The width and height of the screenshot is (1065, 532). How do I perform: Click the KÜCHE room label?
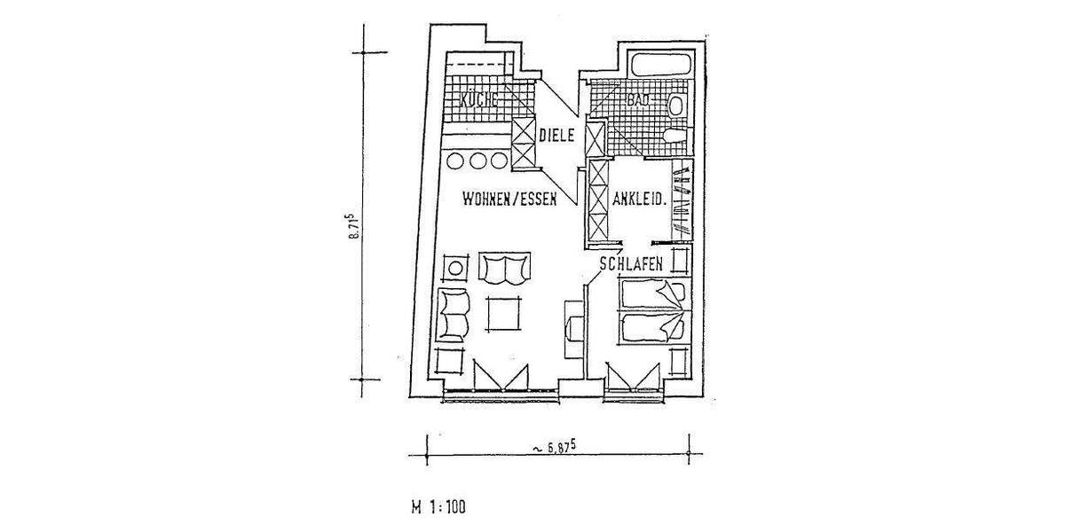pos(479,99)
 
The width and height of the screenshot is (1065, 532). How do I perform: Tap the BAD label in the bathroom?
pos(638,101)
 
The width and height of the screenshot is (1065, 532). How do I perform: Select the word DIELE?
pos(558,136)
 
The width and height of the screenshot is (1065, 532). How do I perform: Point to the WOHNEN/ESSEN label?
pos(509,199)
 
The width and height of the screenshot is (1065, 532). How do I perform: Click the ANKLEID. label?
pos(639,199)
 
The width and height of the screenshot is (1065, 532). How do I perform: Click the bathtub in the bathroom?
pos(660,66)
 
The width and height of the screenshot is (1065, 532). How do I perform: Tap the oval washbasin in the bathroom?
pos(676,106)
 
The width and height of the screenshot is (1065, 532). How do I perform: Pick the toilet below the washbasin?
pos(674,136)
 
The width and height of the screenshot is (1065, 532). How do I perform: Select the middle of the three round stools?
pos(479,161)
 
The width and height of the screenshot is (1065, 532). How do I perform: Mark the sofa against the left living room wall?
pos(453,314)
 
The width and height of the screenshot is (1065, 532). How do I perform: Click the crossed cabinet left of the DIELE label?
pos(524,144)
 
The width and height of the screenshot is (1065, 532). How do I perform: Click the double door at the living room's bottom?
pos(501,377)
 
